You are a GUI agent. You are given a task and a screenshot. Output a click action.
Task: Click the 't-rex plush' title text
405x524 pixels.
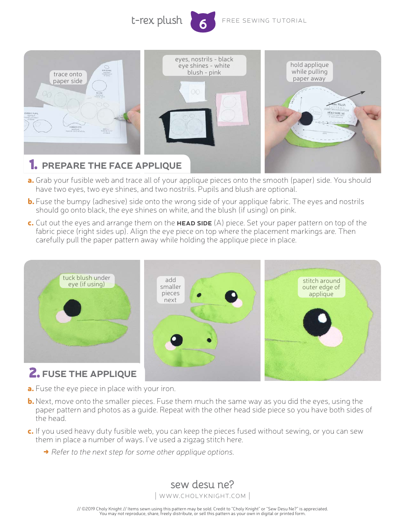pos(156,20)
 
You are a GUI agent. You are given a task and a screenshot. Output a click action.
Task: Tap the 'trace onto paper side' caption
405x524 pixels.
pos(67,78)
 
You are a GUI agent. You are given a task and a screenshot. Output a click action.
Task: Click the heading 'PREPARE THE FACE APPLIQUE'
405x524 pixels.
pos(112,166)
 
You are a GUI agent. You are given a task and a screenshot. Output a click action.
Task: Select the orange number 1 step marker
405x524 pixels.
pos(33,165)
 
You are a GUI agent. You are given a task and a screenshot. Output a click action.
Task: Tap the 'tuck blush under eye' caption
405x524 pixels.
pos(87,281)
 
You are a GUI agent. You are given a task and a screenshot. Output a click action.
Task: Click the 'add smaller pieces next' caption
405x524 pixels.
pos(170,290)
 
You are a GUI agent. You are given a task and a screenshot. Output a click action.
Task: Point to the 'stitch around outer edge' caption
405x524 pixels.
pos(321,287)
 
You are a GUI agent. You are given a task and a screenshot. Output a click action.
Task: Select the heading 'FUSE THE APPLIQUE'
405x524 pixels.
pos(89,374)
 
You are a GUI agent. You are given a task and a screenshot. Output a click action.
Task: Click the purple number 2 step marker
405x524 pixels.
pos(34,373)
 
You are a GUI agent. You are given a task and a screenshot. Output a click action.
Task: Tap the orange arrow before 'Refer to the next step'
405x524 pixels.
pos(46,452)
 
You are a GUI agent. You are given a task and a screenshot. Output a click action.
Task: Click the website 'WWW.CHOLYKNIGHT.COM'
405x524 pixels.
pos(202,496)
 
